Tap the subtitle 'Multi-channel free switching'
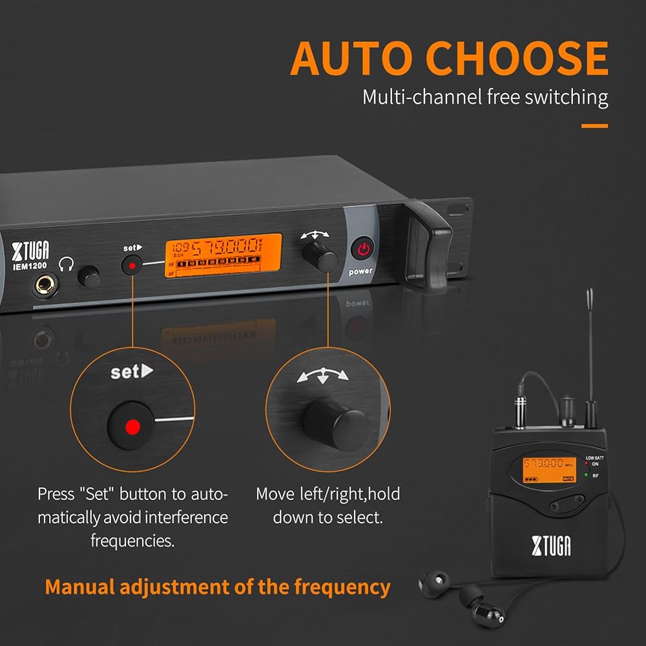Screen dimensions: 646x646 click(484, 98)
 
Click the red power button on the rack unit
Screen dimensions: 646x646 click(362, 249)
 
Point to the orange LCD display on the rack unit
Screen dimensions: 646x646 click(223, 255)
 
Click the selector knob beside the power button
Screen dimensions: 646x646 click(326, 260)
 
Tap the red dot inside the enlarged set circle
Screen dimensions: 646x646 click(132, 426)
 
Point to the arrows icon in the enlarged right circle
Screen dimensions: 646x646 click(322, 377)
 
